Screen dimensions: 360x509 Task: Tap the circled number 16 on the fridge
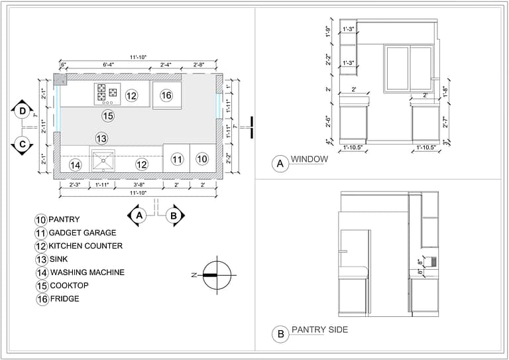[x=166, y=95]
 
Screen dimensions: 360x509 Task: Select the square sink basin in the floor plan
[x=103, y=160]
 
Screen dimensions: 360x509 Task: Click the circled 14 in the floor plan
[x=76, y=164]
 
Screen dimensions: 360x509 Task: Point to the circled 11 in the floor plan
[x=176, y=159]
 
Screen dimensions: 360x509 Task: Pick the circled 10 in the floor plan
[x=202, y=159]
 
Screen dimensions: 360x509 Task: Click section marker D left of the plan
[x=23, y=111]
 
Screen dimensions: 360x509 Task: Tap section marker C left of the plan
[x=23, y=144]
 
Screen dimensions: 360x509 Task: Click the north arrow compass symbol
[x=218, y=274]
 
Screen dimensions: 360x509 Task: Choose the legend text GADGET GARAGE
[x=82, y=233]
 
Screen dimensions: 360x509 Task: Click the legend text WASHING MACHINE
[x=87, y=272]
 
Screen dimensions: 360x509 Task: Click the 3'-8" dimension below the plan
[x=139, y=185]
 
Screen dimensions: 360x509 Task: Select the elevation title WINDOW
[x=310, y=160]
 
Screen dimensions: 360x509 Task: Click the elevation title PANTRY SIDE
[x=319, y=330]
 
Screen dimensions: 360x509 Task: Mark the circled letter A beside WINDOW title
[x=280, y=163]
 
